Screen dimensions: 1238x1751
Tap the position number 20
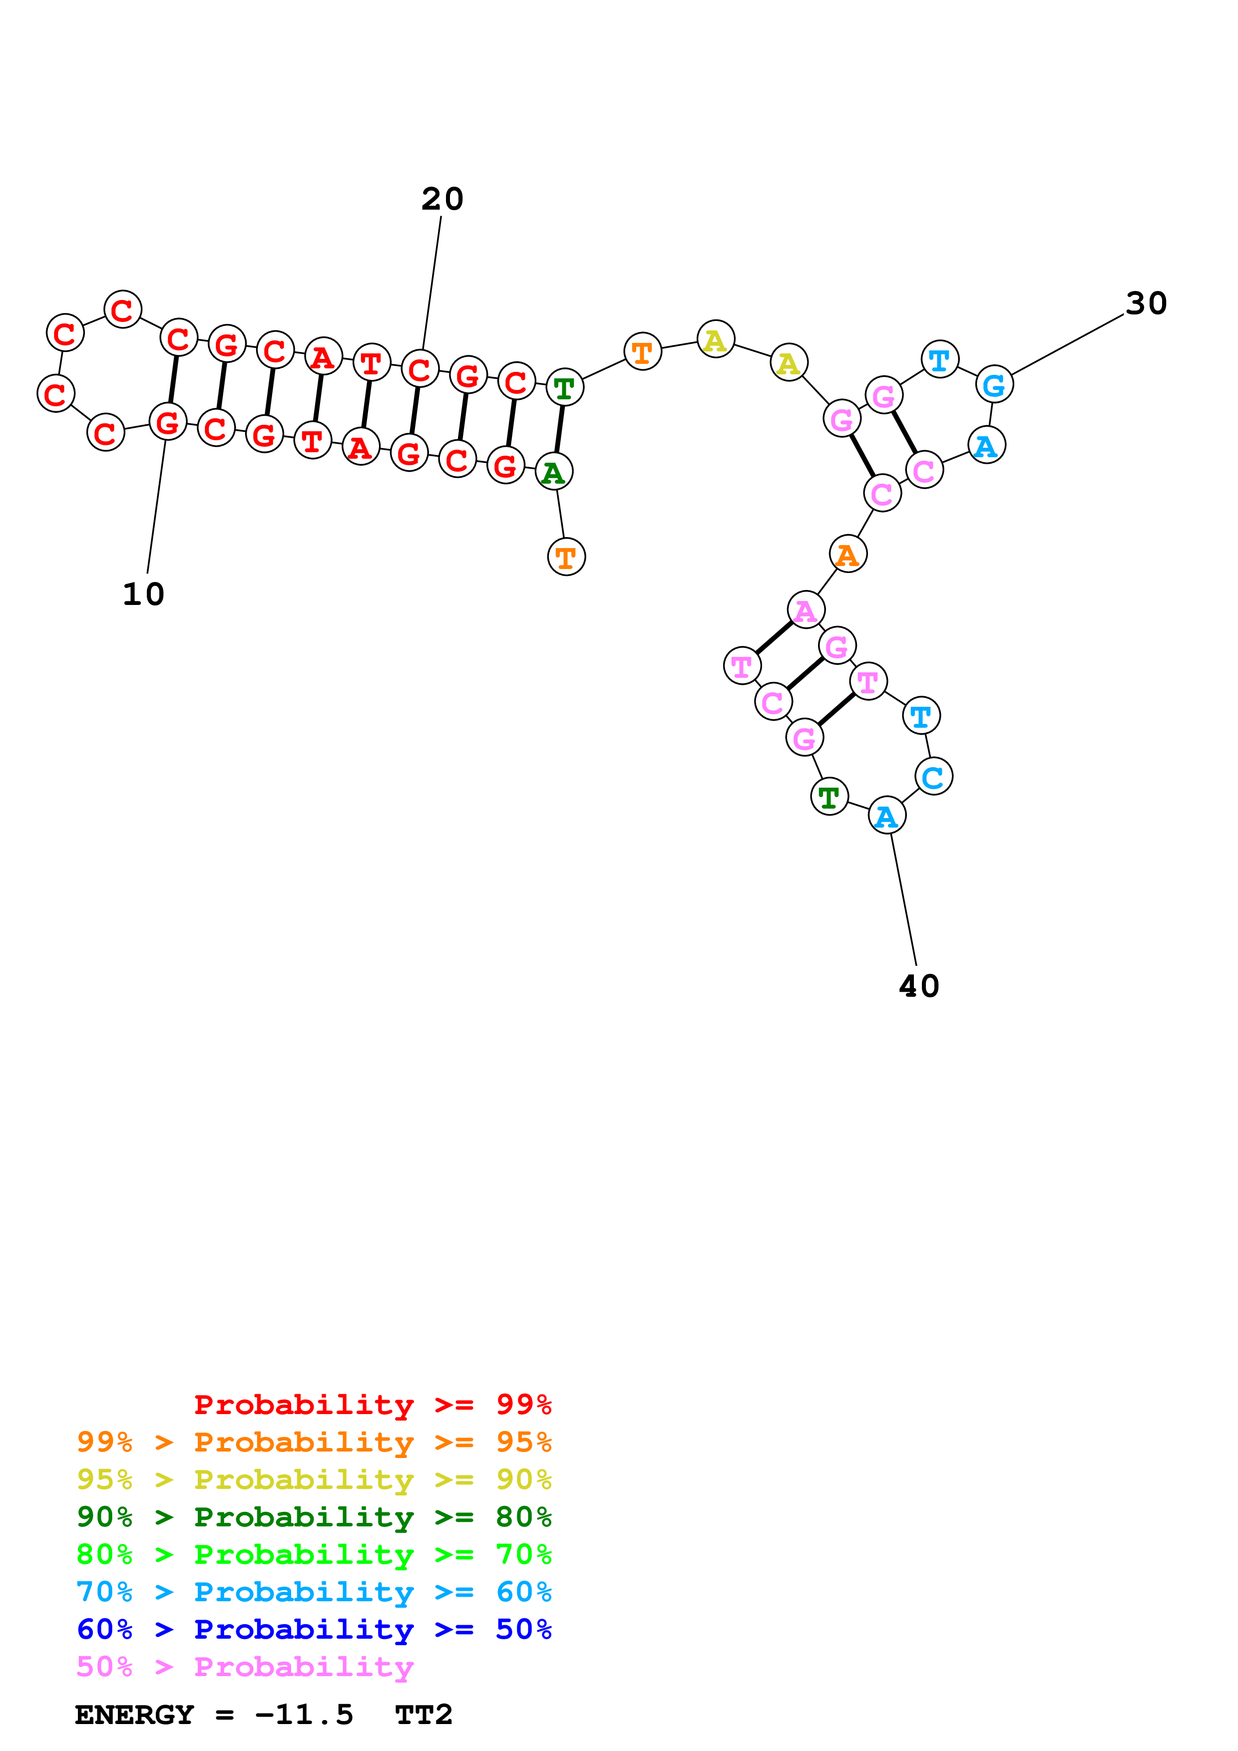(x=442, y=199)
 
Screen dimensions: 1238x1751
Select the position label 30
(x=1146, y=303)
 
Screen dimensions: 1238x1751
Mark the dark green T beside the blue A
(x=829, y=797)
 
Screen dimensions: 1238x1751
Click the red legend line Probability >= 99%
(x=372, y=1405)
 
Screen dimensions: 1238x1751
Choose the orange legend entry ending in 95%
(x=314, y=1442)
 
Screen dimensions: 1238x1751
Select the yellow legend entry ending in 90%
(x=314, y=1479)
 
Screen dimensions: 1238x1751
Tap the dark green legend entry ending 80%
(x=314, y=1517)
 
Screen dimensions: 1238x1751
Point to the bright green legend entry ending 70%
(x=314, y=1554)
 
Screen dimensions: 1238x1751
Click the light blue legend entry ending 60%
(x=314, y=1592)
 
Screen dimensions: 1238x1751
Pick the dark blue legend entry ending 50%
(x=314, y=1629)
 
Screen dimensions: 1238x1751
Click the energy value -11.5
(x=304, y=1715)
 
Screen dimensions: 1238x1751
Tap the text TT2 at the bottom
(x=423, y=1715)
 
